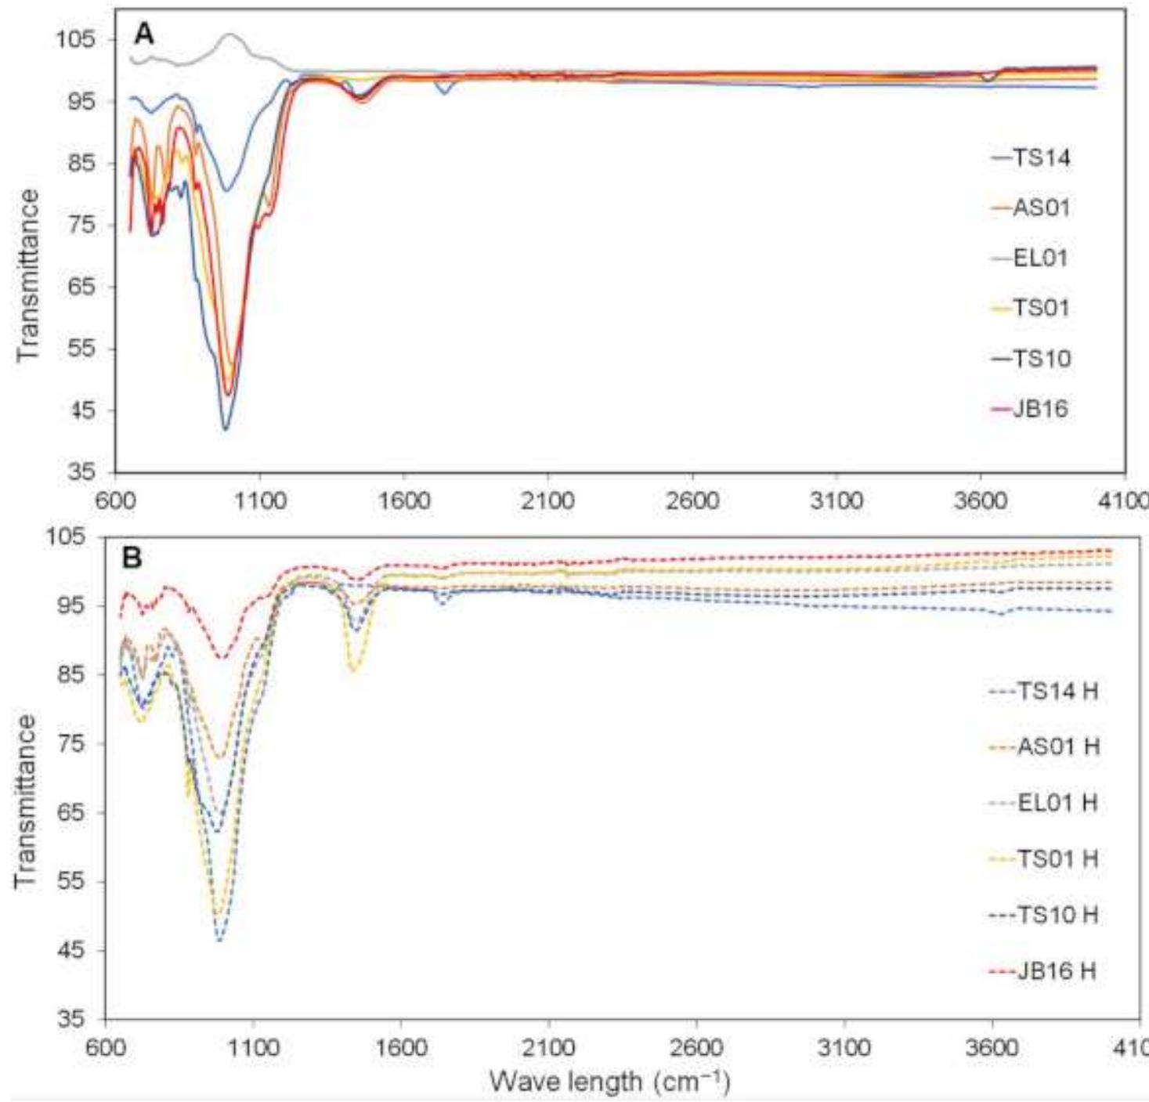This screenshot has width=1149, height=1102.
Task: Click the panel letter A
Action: pyautogui.click(x=144, y=34)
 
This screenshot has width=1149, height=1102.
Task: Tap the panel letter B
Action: pyautogui.click(x=133, y=558)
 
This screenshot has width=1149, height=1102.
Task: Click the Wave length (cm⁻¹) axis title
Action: pyautogui.click(x=609, y=1082)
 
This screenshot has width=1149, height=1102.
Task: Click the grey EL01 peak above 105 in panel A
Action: pyautogui.click(x=230, y=35)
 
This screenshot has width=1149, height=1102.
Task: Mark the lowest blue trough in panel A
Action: pyautogui.click(x=226, y=428)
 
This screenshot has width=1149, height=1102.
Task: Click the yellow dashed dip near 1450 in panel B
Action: pyautogui.click(x=354, y=670)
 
